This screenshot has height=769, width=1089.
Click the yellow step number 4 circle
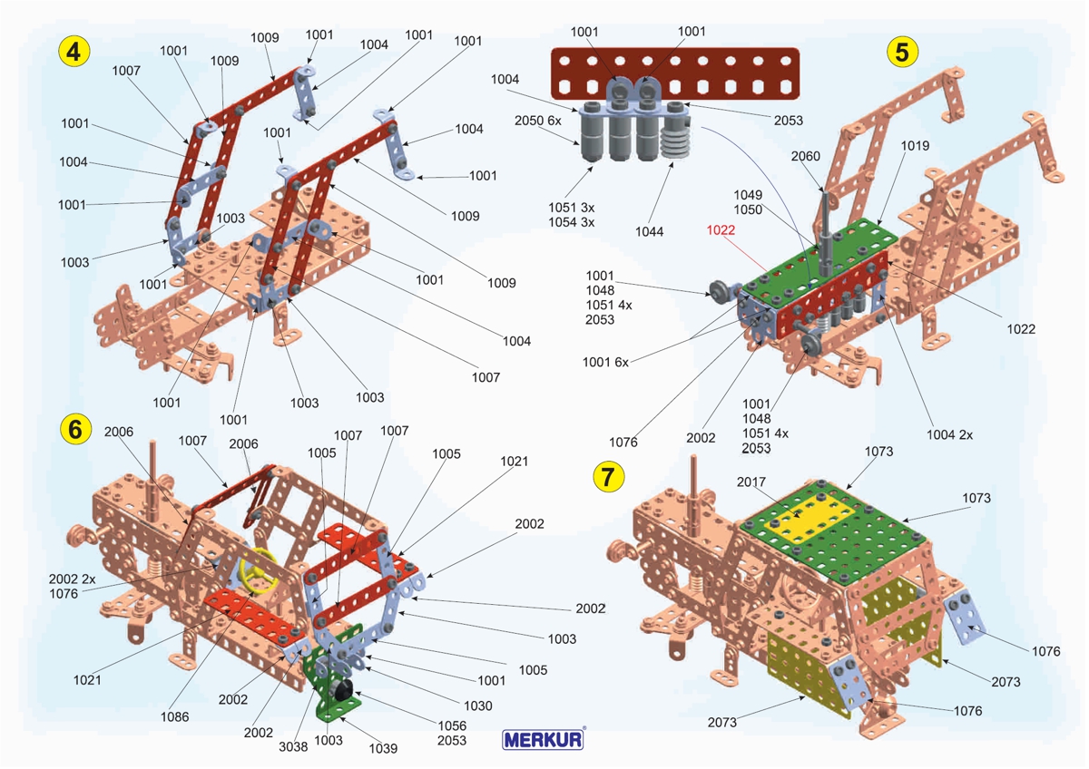(x=74, y=51)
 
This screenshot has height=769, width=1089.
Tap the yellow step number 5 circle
(x=901, y=52)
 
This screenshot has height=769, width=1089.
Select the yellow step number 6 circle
(x=74, y=429)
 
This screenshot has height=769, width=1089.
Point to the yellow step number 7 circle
(x=608, y=474)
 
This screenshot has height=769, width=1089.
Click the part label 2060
(x=805, y=156)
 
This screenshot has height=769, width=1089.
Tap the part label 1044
(x=650, y=231)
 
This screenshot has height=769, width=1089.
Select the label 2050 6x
(x=538, y=121)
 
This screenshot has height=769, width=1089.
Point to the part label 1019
(x=915, y=145)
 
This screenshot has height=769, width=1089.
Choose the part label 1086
(x=175, y=716)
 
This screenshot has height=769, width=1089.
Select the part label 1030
(x=477, y=705)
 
